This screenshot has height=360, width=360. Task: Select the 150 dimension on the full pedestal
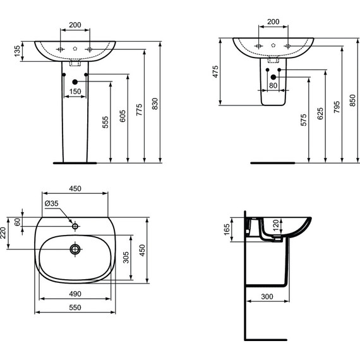[x=75, y=92]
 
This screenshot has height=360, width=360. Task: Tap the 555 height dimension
[x=105, y=123]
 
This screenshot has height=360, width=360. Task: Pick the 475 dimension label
[x=215, y=71]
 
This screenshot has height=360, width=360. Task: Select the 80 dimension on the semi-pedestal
[x=273, y=86]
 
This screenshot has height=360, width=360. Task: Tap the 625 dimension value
[x=320, y=114]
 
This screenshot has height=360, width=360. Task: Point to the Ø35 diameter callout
[x=52, y=203]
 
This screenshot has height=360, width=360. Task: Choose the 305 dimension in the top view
[x=126, y=257]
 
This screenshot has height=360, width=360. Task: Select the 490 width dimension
[x=75, y=294]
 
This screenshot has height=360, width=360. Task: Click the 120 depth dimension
[x=275, y=226]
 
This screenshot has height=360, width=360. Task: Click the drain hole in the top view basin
[x=75, y=249]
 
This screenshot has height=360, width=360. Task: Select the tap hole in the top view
[x=75, y=225]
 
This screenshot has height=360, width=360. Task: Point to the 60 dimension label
[x=17, y=221]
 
